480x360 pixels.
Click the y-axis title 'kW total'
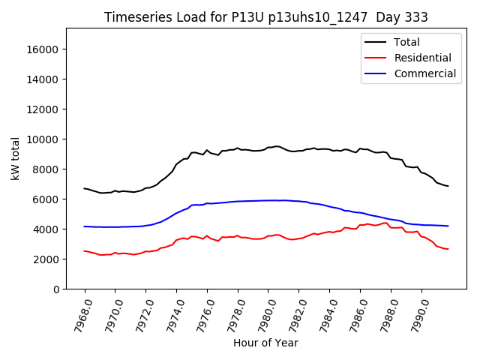click(x=16, y=158)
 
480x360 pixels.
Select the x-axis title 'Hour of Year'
click(x=265, y=343)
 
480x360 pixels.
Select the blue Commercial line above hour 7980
click(x=268, y=200)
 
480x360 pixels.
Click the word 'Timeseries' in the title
click(x=130, y=17)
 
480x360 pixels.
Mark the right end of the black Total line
click(x=448, y=186)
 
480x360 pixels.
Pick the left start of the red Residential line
click(x=85, y=250)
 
